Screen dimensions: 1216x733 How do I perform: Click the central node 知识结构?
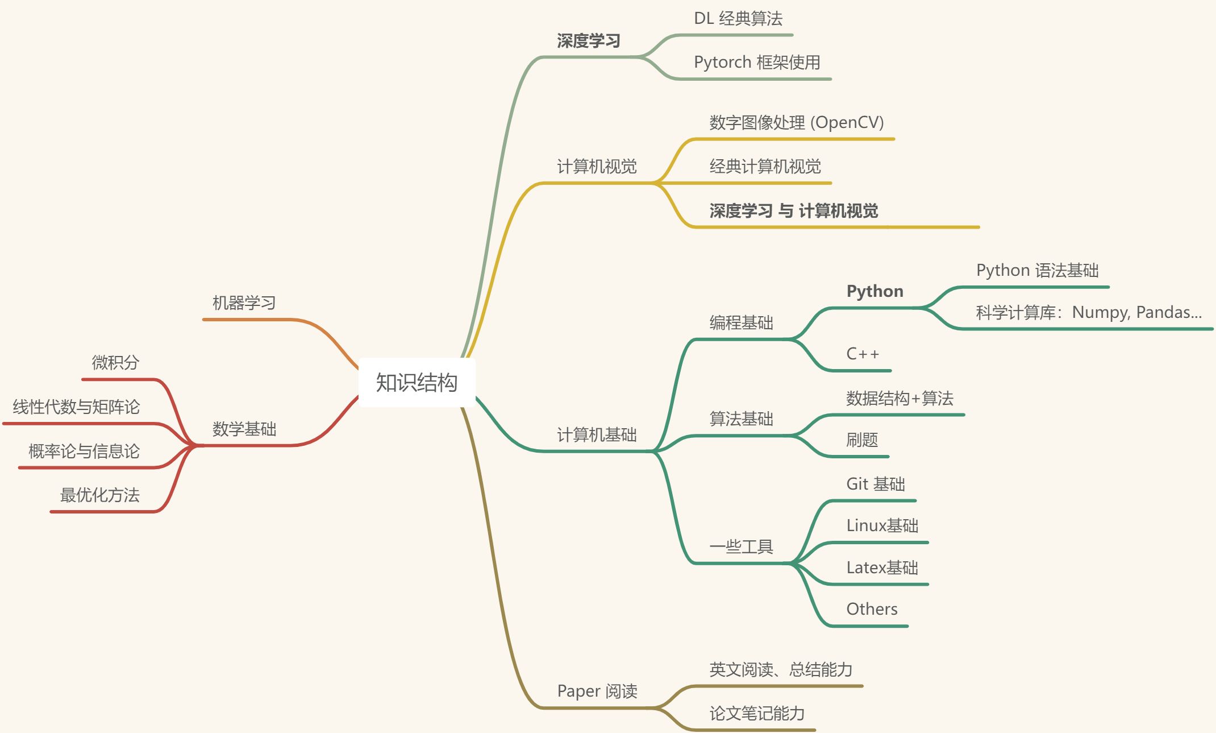click(417, 383)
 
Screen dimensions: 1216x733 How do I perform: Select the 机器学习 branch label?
click(244, 303)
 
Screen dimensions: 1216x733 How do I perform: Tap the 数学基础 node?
click(244, 429)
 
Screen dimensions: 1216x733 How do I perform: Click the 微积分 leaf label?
click(115, 362)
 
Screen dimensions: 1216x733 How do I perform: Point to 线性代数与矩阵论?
click(76, 407)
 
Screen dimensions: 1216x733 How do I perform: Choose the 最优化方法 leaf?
click(100, 495)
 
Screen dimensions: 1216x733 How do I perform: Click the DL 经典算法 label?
click(738, 18)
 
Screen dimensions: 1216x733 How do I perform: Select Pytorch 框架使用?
click(757, 62)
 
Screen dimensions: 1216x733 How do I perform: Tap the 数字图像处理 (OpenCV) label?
click(797, 122)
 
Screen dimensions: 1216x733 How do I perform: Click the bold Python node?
click(875, 291)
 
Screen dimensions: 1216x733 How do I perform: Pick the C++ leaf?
click(863, 354)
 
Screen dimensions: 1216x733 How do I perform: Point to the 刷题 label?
click(862, 440)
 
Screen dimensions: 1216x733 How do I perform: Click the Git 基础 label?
click(876, 484)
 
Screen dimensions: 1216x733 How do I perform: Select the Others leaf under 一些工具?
click(872, 609)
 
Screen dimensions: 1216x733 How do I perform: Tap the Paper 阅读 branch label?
click(597, 691)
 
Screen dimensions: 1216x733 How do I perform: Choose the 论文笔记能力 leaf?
click(757, 713)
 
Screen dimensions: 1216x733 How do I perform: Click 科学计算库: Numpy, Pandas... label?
click(1089, 312)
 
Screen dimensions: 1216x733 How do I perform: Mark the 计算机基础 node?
click(597, 435)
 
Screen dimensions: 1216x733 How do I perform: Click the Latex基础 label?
click(882, 568)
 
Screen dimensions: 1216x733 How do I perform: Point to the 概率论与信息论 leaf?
click(84, 451)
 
